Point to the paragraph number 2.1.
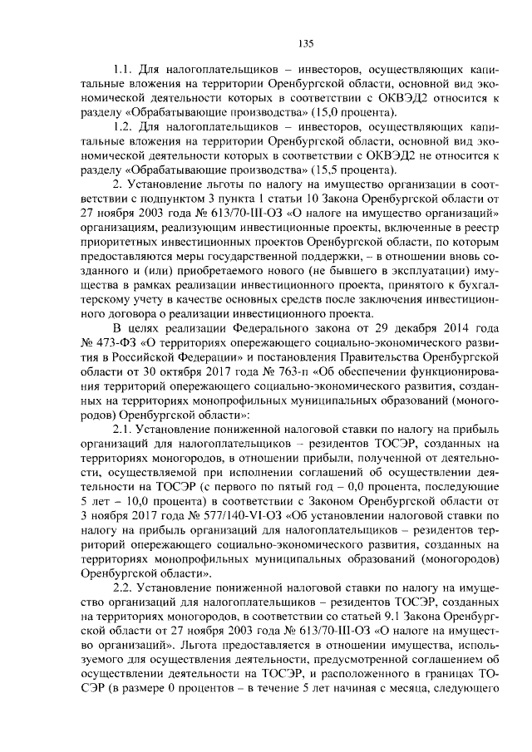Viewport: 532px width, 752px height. tap(123, 429)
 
